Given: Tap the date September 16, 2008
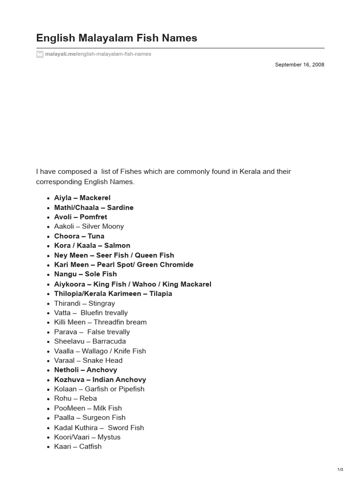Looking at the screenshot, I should (300, 65).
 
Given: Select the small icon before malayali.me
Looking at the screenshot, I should (40, 54).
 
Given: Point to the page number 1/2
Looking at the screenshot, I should (340, 469).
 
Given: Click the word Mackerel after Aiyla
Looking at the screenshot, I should (95, 198).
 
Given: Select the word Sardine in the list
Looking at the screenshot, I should (120, 207).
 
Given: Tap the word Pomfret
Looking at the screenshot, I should (93, 217).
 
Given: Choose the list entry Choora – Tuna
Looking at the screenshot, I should (79, 236).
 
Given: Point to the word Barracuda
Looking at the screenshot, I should (109, 341).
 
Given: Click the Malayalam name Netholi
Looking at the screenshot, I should (66, 370).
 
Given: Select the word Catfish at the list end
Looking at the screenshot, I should (90, 446).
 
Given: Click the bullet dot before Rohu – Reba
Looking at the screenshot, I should (48, 399).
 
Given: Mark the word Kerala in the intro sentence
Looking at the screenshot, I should (249, 172).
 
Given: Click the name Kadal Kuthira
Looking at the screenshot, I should (76, 427).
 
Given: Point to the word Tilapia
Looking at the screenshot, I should (161, 293).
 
